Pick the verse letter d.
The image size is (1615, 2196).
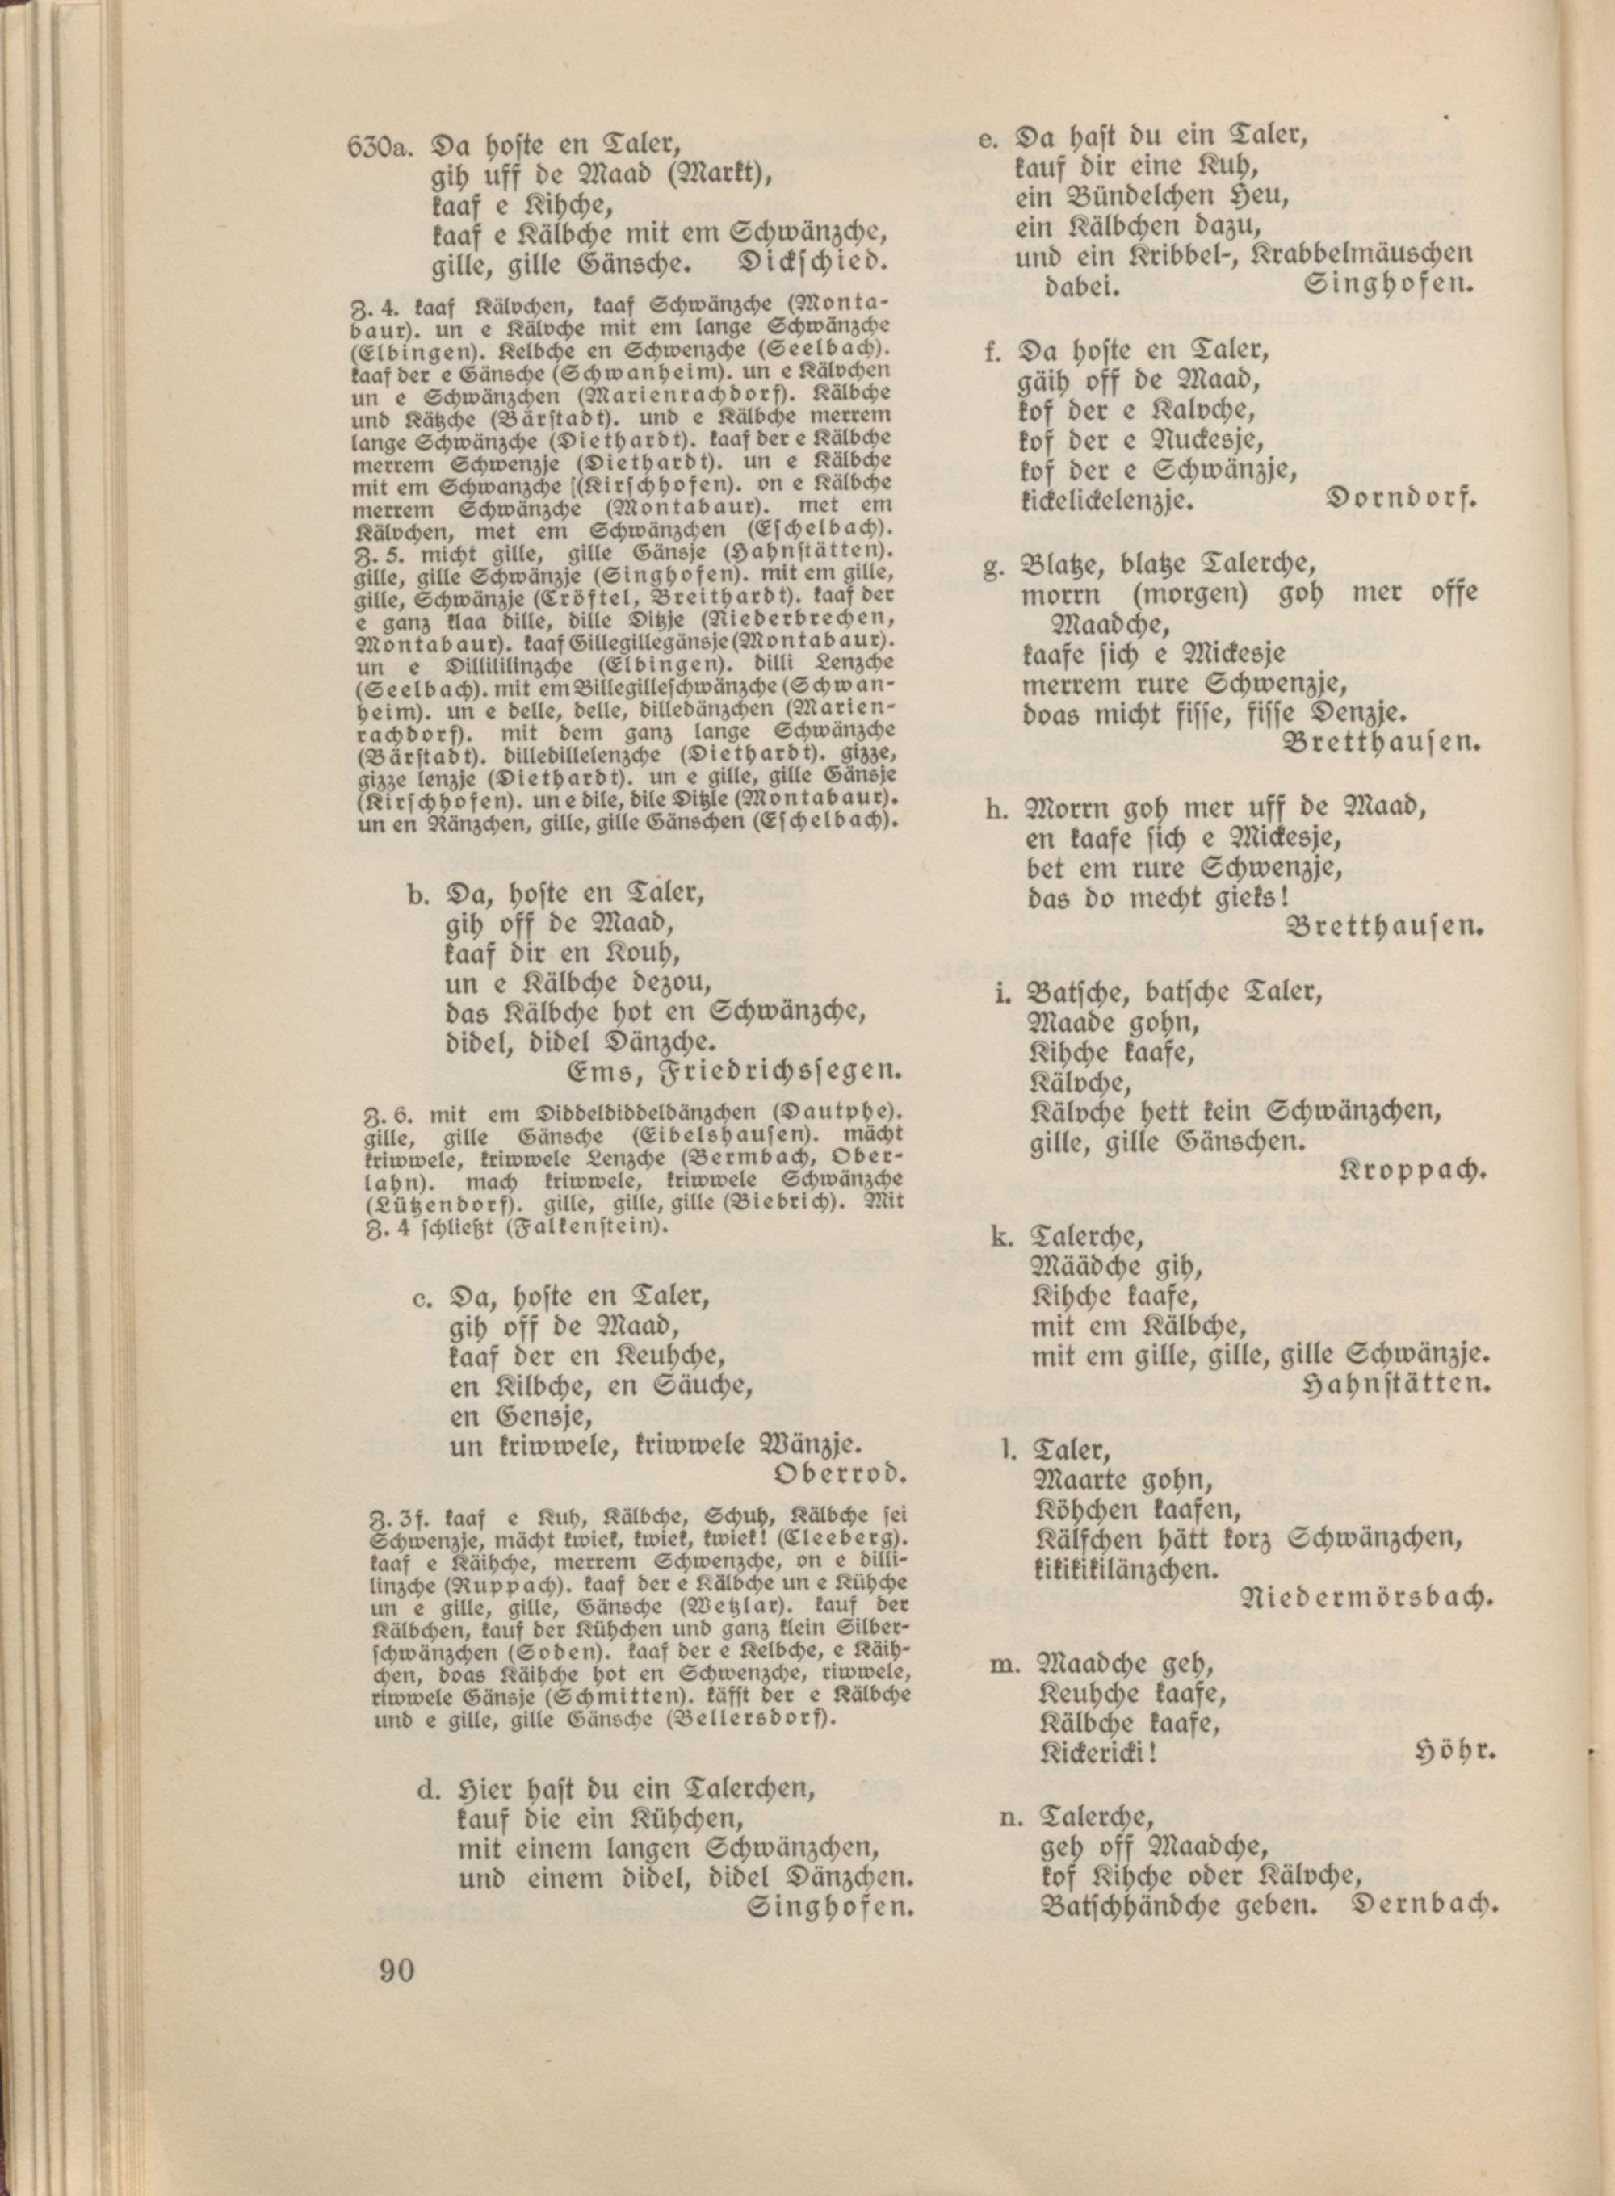coord(426,1791)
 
